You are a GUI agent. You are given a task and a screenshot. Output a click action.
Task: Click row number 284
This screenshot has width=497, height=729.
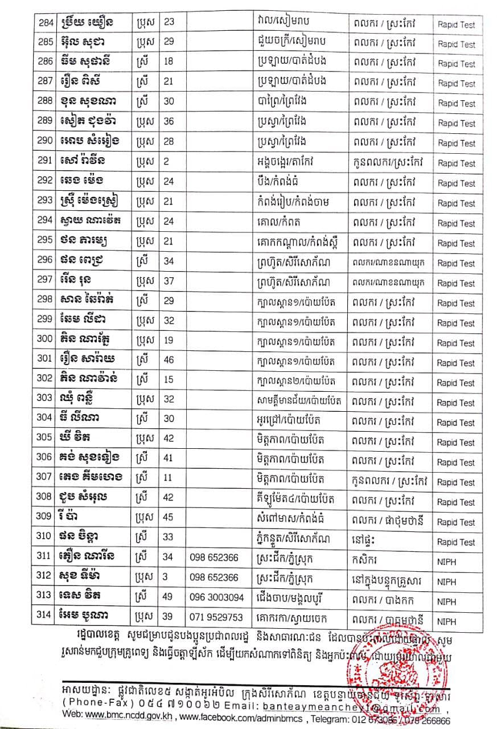[x=44, y=23]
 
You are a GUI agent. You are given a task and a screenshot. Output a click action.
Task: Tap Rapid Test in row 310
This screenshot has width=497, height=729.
[x=457, y=542]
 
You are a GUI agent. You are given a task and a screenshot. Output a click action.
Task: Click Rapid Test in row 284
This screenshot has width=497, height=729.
[x=457, y=25]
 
